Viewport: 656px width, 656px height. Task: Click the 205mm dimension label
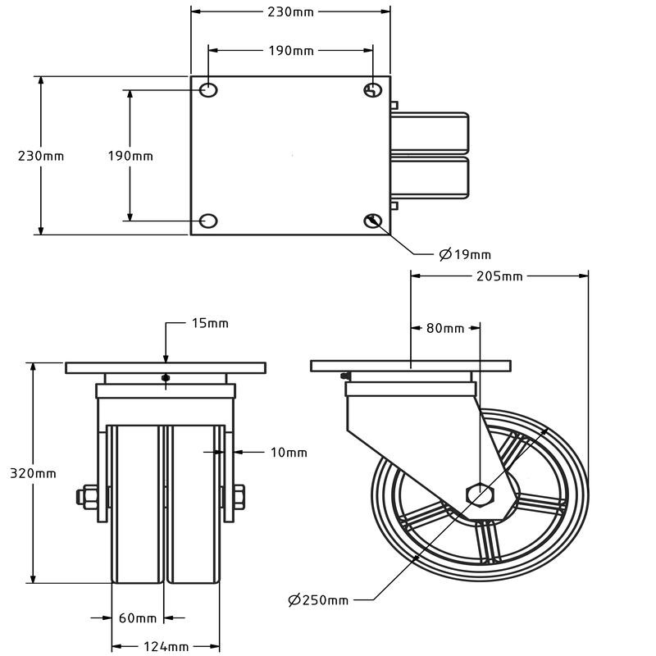(499, 276)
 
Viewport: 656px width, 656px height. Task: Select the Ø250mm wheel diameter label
(318, 600)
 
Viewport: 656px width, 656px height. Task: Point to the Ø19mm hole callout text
(465, 255)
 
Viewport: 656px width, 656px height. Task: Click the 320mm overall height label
(33, 474)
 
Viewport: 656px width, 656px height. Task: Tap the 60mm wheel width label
(137, 617)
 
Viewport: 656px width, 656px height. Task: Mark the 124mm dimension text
(165, 647)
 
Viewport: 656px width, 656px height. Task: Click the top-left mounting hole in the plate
(208, 89)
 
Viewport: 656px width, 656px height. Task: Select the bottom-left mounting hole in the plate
(208, 220)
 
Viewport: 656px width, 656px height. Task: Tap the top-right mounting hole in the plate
(373, 89)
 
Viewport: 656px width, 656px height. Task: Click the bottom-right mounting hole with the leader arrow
(373, 220)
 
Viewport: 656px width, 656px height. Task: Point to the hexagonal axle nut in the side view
(480, 494)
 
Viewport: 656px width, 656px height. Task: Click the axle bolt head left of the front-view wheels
(88, 495)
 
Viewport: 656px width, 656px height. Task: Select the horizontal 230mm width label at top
(290, 11)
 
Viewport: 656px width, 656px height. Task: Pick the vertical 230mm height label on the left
(41, 156)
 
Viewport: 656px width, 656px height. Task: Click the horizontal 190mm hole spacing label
(291, 51)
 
